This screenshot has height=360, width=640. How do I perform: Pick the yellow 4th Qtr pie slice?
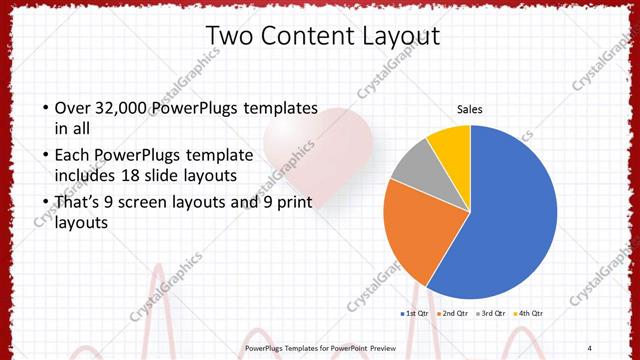point(451,143)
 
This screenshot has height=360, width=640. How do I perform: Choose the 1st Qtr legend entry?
point(416,314)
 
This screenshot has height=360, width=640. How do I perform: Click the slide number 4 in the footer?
point(589,347)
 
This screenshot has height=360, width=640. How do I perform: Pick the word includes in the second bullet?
point(85,176)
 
